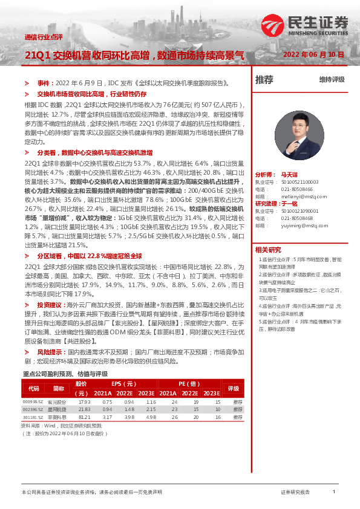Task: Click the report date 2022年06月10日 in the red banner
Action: [x=313, y=54]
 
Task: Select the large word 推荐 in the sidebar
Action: [x=264, y=80]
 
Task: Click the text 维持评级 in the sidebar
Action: [x=332, y=80]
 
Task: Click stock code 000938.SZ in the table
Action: [x=33, y=401]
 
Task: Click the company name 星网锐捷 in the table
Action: [x=58, y=409]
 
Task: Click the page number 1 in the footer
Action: [x=333, y=492]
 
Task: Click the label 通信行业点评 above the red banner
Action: [x=43, y=37]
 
